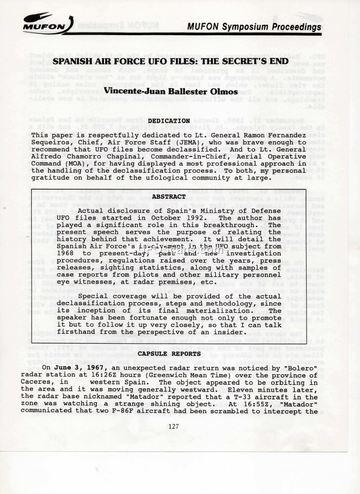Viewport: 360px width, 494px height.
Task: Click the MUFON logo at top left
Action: (x=43, y=22)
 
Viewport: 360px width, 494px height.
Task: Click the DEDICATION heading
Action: (x=169, y=121)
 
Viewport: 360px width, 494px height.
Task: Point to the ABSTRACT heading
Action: (x=169, y=197)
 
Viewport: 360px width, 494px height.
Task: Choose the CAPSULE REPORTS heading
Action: (x=169, y=354)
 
